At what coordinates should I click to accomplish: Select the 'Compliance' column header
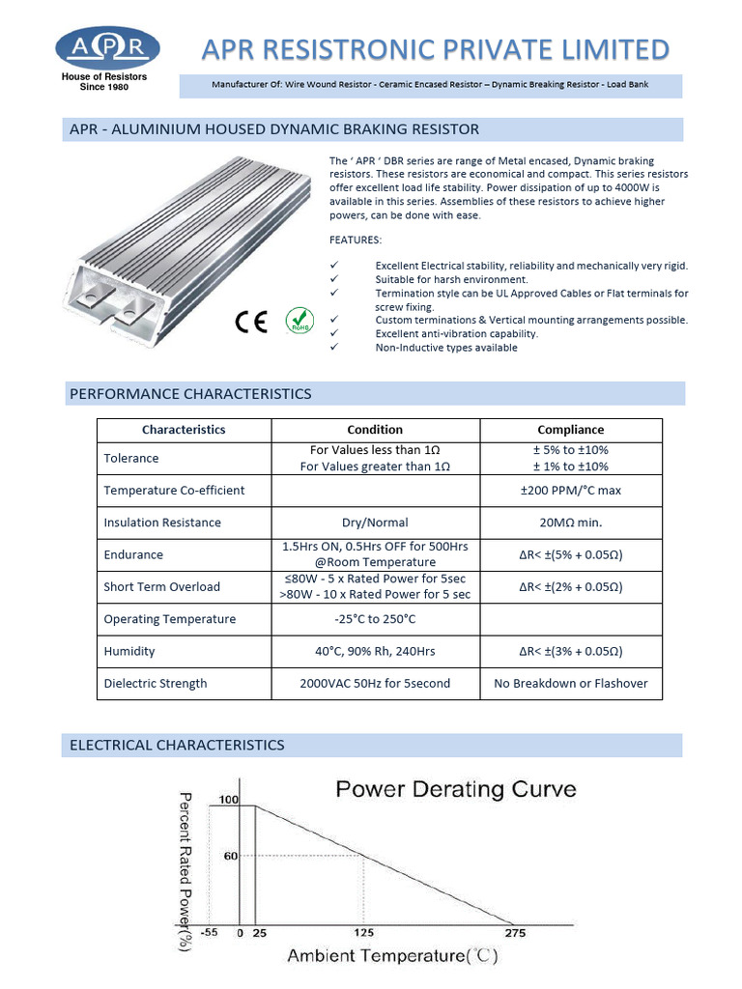(570, 430)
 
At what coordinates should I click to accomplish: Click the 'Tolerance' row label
(131, 458)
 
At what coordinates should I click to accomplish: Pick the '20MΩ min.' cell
(570, 523)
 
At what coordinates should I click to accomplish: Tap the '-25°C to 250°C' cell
(375, 619)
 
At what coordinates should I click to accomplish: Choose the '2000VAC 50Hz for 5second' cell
(375, 684)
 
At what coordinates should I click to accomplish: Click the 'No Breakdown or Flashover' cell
(570, 684)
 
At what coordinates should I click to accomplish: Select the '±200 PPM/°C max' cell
(570, 491)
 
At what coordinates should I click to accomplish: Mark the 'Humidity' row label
(129, 652)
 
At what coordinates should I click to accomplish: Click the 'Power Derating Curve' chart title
(455, 790)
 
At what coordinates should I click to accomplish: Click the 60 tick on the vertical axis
(231, 856)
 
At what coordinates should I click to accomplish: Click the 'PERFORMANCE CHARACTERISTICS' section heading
(190, 394)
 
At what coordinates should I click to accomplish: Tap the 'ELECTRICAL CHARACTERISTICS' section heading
(177, 745)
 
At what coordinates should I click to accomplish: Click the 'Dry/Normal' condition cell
(375, 523)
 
